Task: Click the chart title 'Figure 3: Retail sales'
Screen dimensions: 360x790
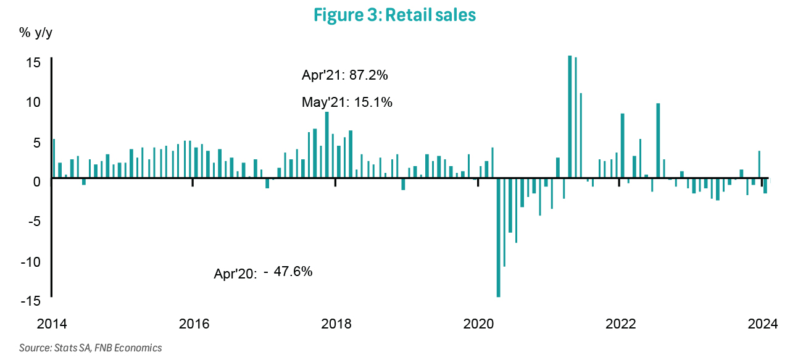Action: coord(394,15)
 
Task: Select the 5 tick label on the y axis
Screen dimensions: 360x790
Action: coord(36,142)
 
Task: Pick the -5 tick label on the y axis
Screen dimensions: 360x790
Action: coord(33,221)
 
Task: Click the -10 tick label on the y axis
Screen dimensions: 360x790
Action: coord(31,261)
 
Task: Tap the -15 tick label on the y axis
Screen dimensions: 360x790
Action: coord(31,301)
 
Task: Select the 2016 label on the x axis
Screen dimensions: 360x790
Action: coord(194,323)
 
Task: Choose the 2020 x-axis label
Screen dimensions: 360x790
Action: coord(478,323)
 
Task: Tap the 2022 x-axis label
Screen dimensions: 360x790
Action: coord(620,323)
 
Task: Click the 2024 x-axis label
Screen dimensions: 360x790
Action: coord(762,323)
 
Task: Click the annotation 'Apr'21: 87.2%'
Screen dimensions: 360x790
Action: coord(344,75)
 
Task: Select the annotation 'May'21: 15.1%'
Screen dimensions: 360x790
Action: coord(347,103)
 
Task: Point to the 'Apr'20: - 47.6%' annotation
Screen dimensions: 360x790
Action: coord(263,272)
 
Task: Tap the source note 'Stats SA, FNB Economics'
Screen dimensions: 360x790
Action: coord(91,348)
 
